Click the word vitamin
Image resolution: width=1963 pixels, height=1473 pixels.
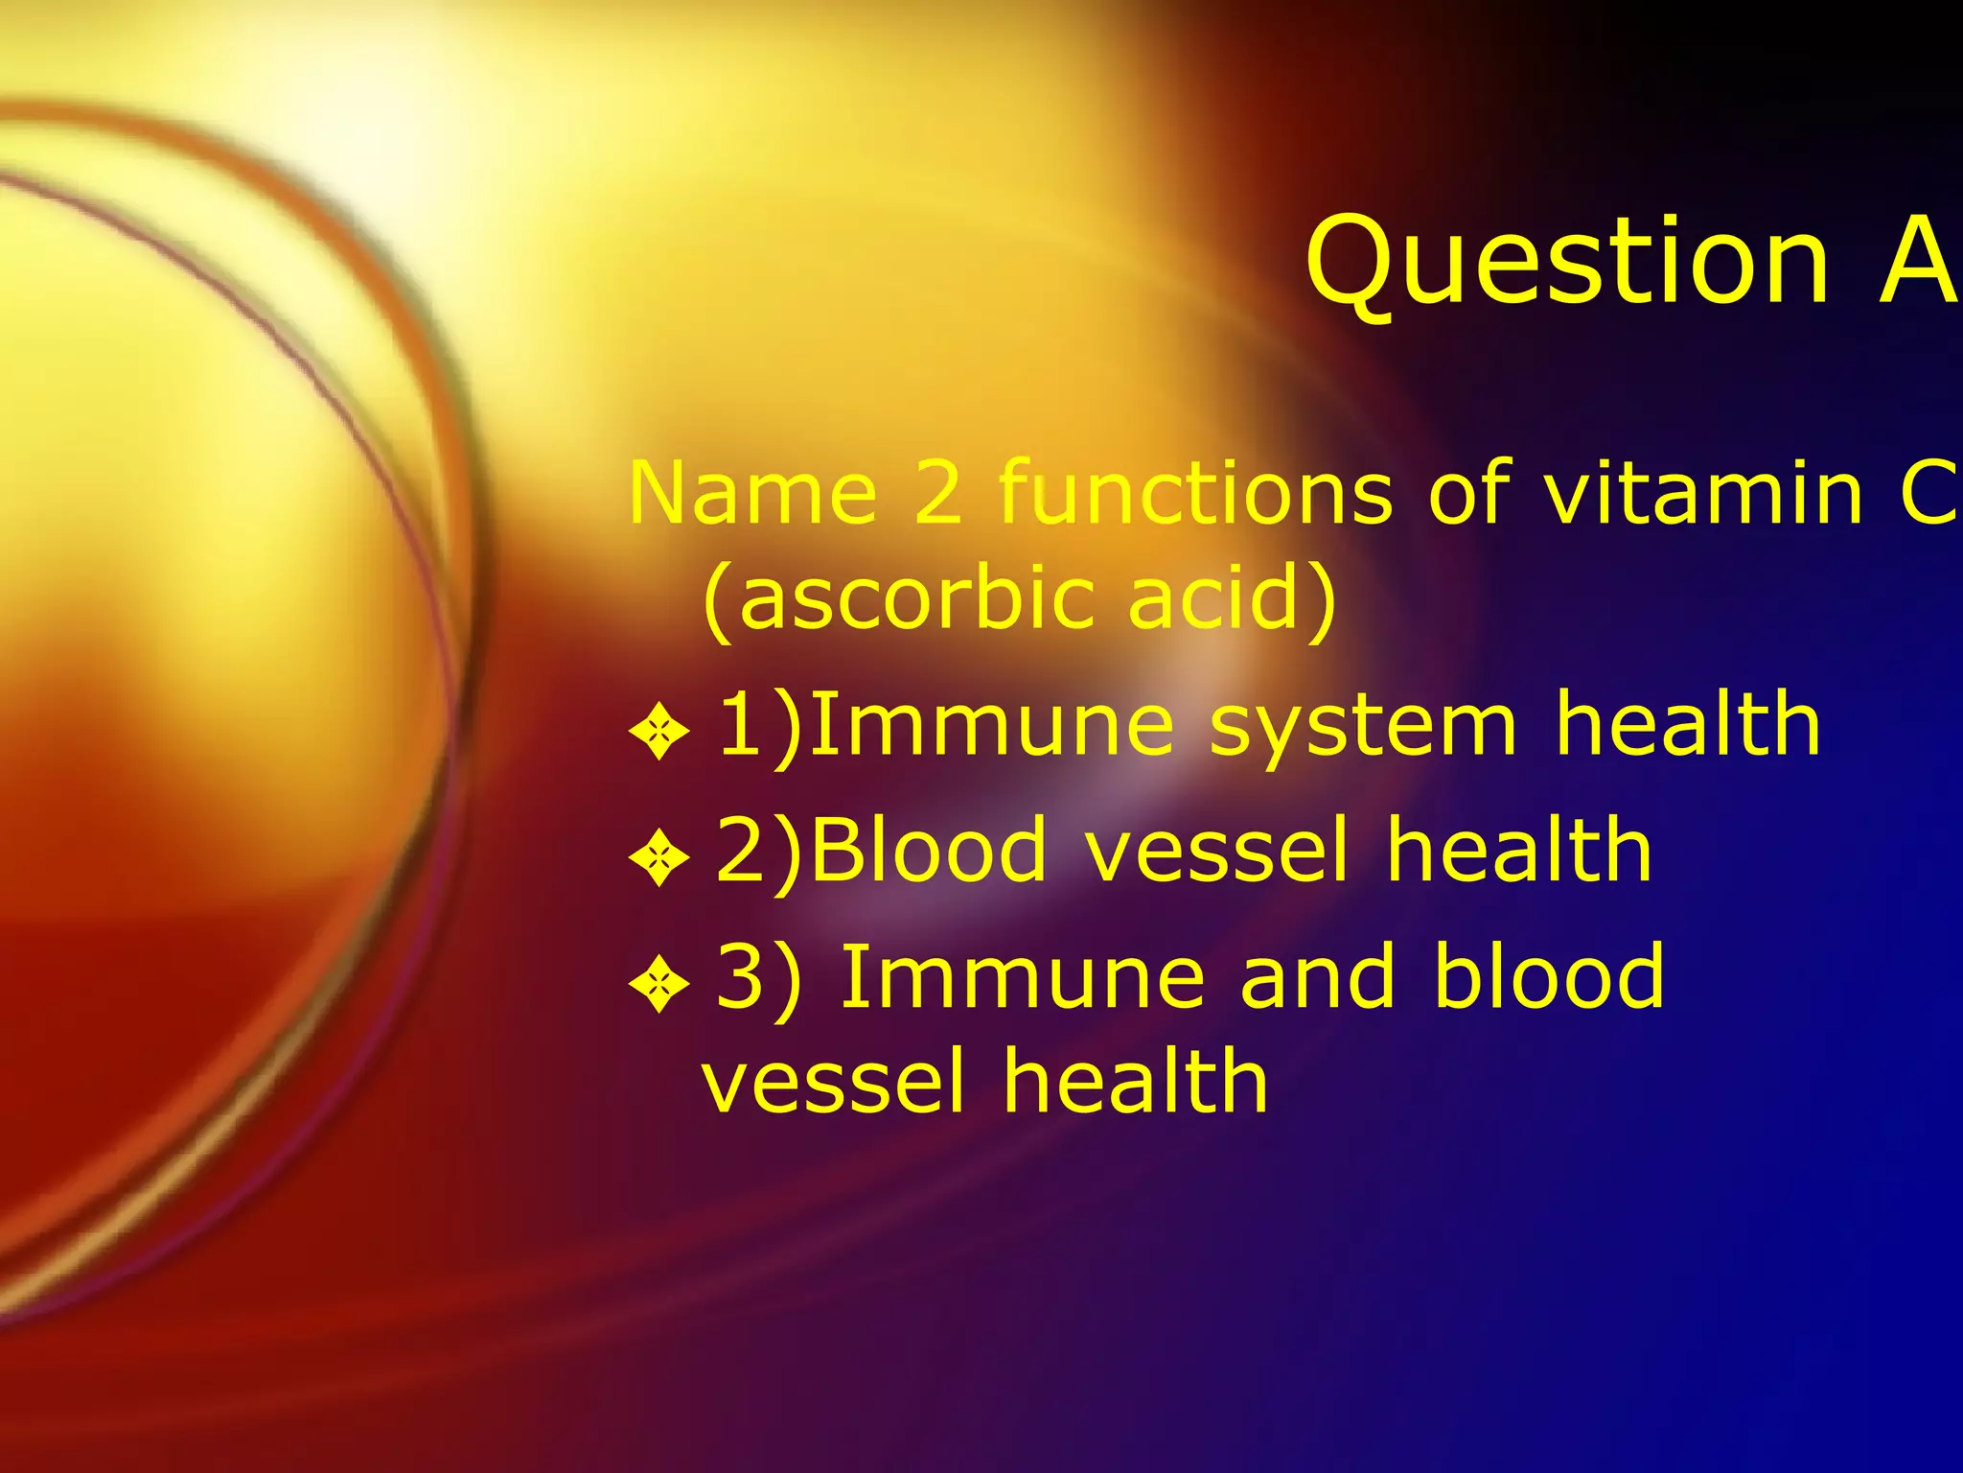[1702, 493]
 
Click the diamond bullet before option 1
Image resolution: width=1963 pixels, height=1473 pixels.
[659, 734]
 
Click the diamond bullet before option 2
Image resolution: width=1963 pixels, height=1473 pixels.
[659, 857]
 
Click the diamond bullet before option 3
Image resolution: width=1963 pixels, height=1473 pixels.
[659, 985]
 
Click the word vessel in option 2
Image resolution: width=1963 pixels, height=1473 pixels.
[1217, 852]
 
